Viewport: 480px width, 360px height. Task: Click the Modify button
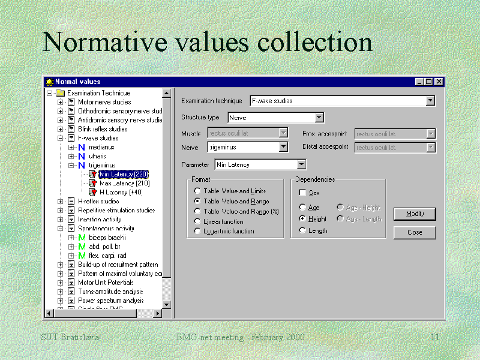click(414, 214)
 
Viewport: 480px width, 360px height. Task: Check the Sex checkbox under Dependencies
click(302, 193)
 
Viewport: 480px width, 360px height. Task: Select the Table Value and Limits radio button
click(197, 191)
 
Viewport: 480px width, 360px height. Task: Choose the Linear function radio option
click(197, 221)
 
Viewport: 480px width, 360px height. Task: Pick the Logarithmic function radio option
click(197, 231)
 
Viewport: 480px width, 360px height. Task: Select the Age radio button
click(302, 208)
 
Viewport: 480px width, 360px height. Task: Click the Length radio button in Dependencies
click(302, 230)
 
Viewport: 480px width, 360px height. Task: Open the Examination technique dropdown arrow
click(430, 101)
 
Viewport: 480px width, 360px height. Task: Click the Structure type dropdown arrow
click(319, 118)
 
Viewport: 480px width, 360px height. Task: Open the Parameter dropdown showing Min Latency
click(301, 164)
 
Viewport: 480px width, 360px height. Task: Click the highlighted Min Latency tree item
click(124, 174)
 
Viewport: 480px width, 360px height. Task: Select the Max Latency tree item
click(124, 183)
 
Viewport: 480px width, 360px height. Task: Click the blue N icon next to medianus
click(82, 147)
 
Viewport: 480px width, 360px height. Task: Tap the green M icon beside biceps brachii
click(82, 238)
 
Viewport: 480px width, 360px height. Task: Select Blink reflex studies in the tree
click(102, 129)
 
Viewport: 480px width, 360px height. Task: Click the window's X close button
click(439, 82)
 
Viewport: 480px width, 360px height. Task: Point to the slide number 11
click(435, 338)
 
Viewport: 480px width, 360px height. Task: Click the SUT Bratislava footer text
click(70, 337)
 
